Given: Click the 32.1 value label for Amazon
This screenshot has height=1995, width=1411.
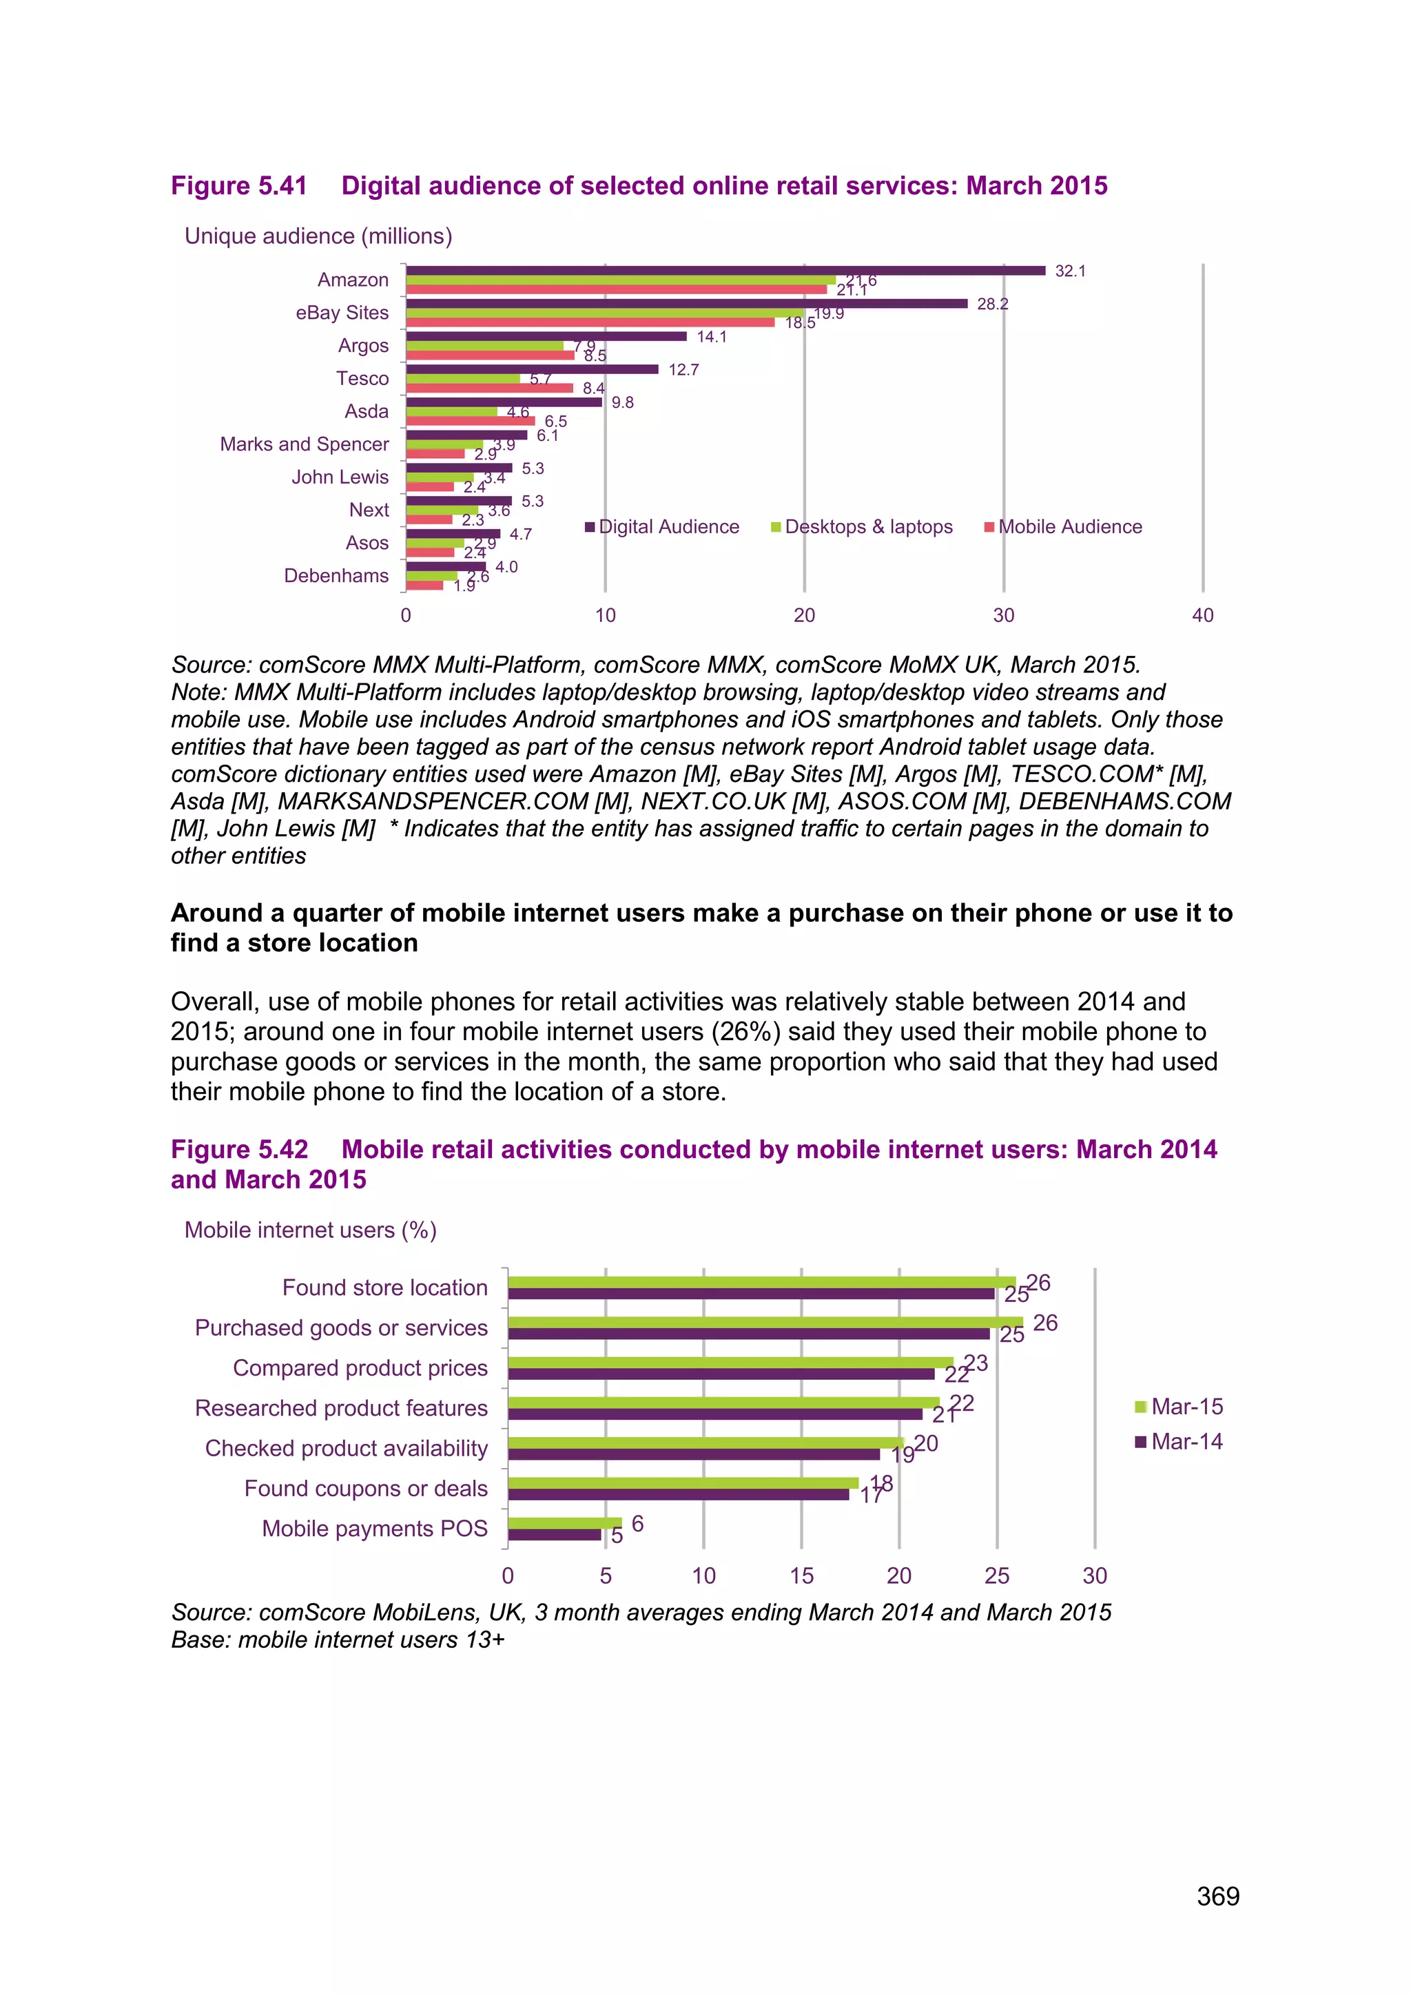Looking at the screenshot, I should click(1069, 271).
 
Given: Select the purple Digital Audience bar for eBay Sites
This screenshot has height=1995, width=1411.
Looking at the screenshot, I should click(686, 303).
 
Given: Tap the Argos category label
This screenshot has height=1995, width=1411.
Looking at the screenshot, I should click(363, 346).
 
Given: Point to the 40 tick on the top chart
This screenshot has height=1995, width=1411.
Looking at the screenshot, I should click(1202, 615).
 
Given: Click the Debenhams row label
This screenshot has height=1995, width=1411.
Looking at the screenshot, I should click(336, 576).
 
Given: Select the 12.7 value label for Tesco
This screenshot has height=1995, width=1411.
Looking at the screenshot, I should click(683, 370).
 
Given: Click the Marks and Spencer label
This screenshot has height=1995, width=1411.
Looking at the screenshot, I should click(304, 444).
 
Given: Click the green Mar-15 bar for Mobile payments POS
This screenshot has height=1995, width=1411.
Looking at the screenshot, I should click(565, 1523).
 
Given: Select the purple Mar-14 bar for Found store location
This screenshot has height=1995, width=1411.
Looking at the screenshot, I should click(751, 1294).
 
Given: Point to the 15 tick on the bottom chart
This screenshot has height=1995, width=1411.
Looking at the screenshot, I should click(801, 1576).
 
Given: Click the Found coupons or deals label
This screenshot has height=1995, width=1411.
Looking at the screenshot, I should click(366, 1489).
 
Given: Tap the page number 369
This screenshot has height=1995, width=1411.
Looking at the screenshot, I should click(1217, 1896).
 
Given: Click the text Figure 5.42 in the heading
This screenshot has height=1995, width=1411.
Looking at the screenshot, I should click(239, 1150).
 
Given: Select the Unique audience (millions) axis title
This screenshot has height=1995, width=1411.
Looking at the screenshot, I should click(318, 236).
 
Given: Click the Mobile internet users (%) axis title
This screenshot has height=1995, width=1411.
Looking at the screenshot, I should click(310, 1230).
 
